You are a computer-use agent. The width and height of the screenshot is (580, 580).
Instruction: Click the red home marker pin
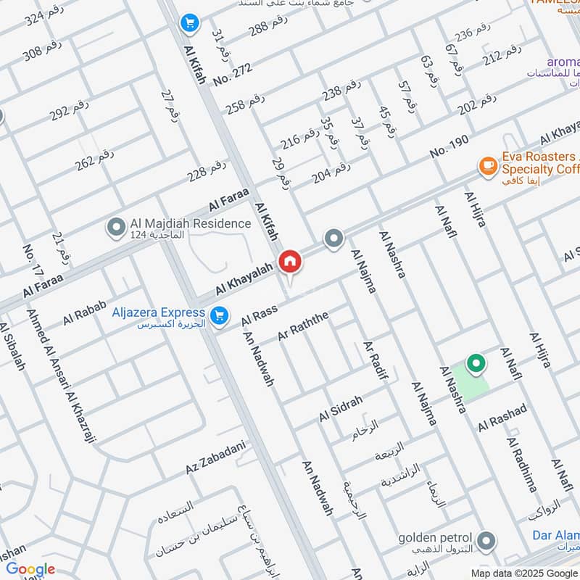click(290, 262)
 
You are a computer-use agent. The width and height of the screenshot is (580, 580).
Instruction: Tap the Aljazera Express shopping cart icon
click(217, 315)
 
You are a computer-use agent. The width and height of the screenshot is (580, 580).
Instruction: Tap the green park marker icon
click(476, 363)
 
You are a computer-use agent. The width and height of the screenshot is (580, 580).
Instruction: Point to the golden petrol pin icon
click(486, 540)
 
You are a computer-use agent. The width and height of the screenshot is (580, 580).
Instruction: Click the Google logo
click(30, 569)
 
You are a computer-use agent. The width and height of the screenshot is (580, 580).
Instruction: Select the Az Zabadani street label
click(216, 457)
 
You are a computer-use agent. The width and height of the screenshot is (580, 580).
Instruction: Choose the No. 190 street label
click(449, 145)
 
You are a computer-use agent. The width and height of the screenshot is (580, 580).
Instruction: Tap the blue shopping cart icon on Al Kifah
click(189, 24)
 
